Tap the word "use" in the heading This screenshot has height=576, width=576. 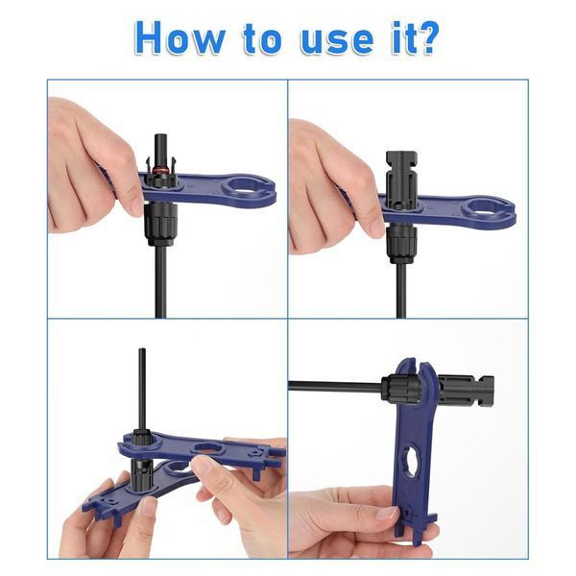click(x=338, y=40)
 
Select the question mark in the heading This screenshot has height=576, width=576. click(x=427, y=37)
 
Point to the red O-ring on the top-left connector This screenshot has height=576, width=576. click(x=161, y=170)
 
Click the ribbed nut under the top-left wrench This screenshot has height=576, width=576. click(x=161, y=224)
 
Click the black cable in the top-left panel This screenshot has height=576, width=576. click(x=161, y=281)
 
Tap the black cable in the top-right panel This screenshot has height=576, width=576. click(x=400, y=290)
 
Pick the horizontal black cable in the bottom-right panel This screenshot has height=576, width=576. click(x=335, y=387)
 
